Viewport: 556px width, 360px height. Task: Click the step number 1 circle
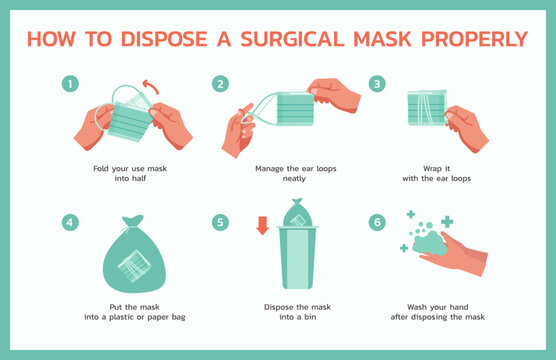click(x=70, y=84)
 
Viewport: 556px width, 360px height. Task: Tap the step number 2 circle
click(x=220, y=84)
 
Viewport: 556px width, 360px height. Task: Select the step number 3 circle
click(x=377, y=84)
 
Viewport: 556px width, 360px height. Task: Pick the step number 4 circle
click(x=70, y=222)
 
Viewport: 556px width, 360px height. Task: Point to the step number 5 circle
click(x=220, y=222)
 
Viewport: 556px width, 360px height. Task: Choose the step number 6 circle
click(x=377, y=222)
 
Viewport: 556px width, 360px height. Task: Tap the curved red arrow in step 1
click(x=152, y=85)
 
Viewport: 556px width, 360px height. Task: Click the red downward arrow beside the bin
click(x=263, y=225)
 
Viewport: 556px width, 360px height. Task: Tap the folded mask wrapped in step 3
click(x=427, y=108)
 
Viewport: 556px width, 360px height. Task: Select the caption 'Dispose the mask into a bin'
click(x=296, y=311)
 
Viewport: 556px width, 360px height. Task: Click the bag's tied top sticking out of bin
click(x=297, y=212)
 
